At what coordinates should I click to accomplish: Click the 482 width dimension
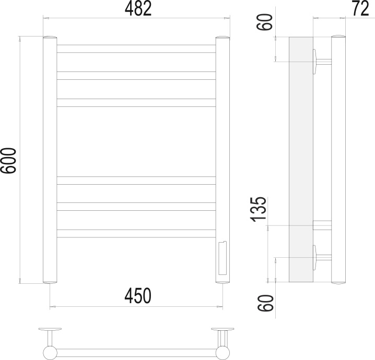coord(138,9)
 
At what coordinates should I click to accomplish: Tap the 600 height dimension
coord(8,160)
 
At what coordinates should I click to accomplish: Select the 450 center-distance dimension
coord(138,296)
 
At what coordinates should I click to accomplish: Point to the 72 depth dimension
coord(361,9)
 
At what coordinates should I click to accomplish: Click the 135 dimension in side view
coord(259,209)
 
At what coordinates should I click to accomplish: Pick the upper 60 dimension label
coord(264,22)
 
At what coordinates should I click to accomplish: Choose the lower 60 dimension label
coord(265,303)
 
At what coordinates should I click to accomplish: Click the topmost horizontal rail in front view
coord(136,49)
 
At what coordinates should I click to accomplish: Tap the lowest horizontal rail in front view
coord(136,234)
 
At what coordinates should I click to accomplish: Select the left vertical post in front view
coord(50,160)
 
